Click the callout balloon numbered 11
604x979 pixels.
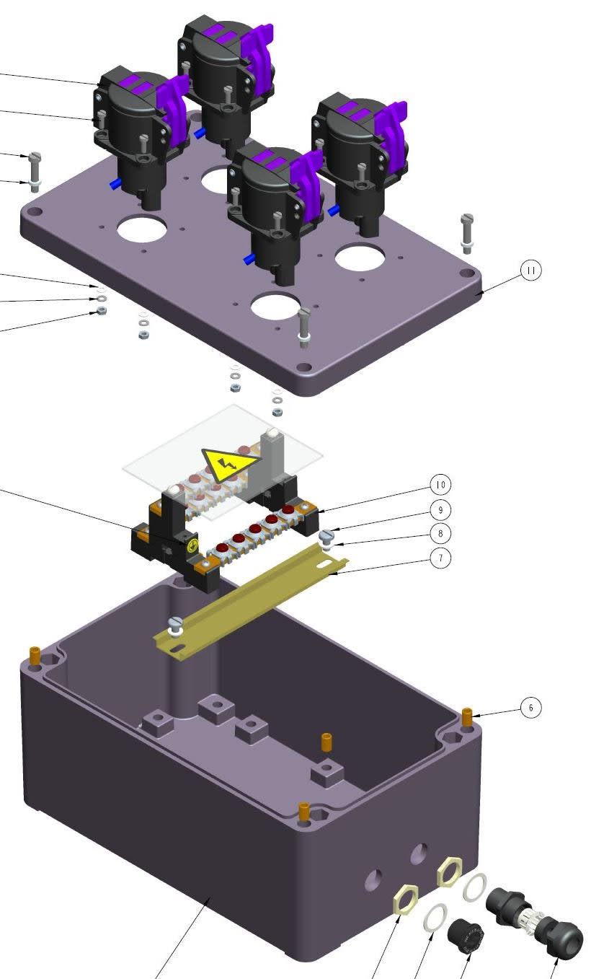[530, 271]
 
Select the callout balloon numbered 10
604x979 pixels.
[440, 485]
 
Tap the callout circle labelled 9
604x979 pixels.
[440, 509]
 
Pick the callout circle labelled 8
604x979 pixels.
[440, 533]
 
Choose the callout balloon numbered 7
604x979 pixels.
[440, 558]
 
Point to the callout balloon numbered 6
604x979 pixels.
[530, 708]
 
